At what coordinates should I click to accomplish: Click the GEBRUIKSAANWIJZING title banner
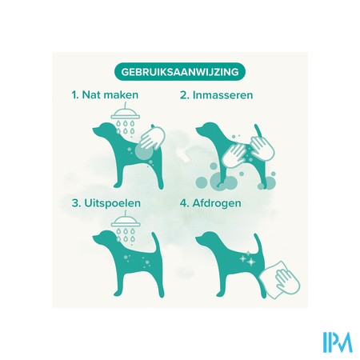click(x=179, y=72)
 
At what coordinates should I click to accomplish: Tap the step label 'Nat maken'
click(x=110, y=95)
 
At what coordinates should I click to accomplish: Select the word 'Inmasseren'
click(x=222, y=95)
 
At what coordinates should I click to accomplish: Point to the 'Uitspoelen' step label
click(x=112, y=203)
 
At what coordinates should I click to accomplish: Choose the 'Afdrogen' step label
click(x=217, y=203)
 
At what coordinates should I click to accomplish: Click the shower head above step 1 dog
click(x=126, y=114)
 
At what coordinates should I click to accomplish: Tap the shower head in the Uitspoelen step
click(x=126, y=222)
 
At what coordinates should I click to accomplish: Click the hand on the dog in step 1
click(x=152, y=138)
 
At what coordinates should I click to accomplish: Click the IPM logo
click(x=338, y=342)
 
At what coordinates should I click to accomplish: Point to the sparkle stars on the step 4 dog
click(x=248, y=258)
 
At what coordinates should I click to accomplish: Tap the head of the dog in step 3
click(x=104, y=238)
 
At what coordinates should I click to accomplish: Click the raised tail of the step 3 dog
click(x=155, y=242)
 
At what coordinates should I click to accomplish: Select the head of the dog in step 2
click(x=207, y=130)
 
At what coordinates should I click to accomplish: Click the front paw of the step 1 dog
click(x=117, y=185)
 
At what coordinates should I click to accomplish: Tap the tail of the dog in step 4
click(x=258, y=242)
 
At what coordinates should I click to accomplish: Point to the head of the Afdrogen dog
click(x=207, y=238)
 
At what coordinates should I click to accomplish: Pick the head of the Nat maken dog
click(x=104, y=130)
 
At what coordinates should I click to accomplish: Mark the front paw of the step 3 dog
click(x=117, y=293)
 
